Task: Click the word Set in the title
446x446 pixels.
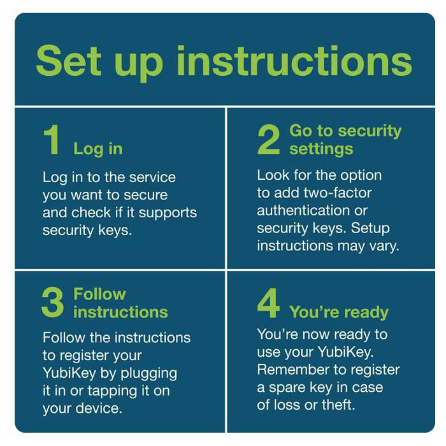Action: pos(69,61)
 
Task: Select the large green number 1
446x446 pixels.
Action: pos(52,140)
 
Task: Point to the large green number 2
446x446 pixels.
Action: pos(268,140)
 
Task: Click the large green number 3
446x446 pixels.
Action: pos(53,303)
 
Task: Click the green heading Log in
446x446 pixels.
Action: pos(98,149)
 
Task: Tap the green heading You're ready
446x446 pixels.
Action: pos(339,312)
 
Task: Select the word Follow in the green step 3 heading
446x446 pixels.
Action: pos(99,294)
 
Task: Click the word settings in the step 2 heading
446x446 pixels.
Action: pos(321,149)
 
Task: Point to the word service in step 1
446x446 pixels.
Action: pos(152,178)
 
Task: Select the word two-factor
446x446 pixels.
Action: pos(338,193)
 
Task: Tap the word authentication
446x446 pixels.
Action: pos(303,211)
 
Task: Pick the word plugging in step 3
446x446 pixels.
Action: pos(148,374)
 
